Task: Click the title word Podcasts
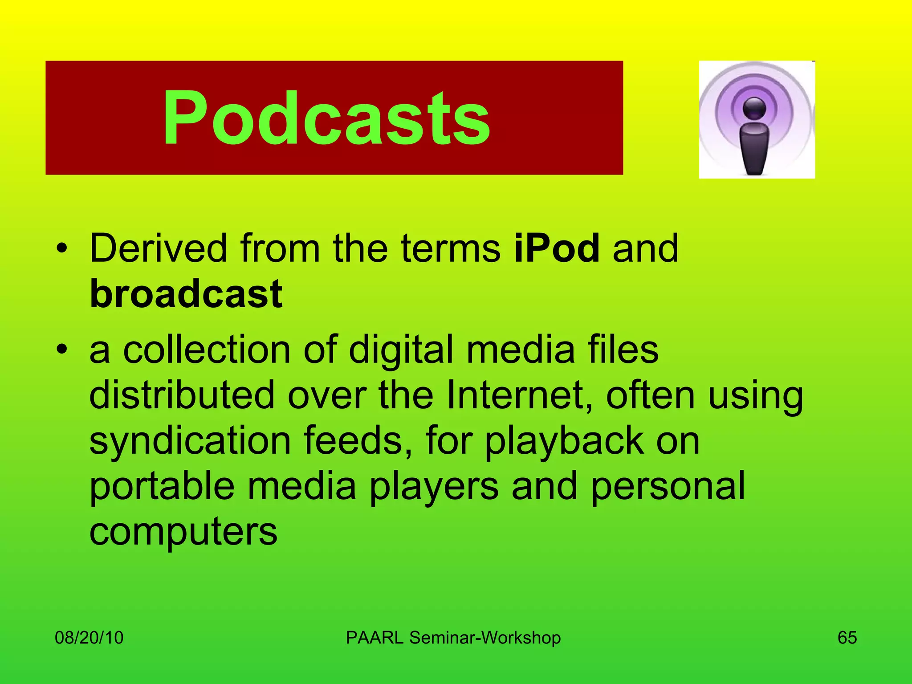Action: [x=326, y=118]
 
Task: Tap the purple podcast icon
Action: [x=757, y=119]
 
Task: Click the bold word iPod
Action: [x=557, y=248]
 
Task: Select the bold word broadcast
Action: [x=186, y=294]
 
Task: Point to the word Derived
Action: [x=159, y=248]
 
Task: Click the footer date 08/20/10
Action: [x=89, y=638]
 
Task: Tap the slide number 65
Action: [x=847, y=638]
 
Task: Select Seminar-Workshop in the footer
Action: [x=485, y=638]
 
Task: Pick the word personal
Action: [x=668, y=486]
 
